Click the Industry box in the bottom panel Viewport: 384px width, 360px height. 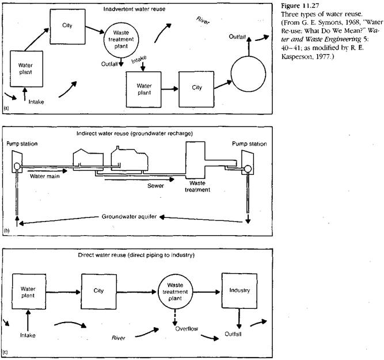[238, 290]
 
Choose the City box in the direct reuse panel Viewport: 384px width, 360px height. [100, 290]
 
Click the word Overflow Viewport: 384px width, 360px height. [187, 328]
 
